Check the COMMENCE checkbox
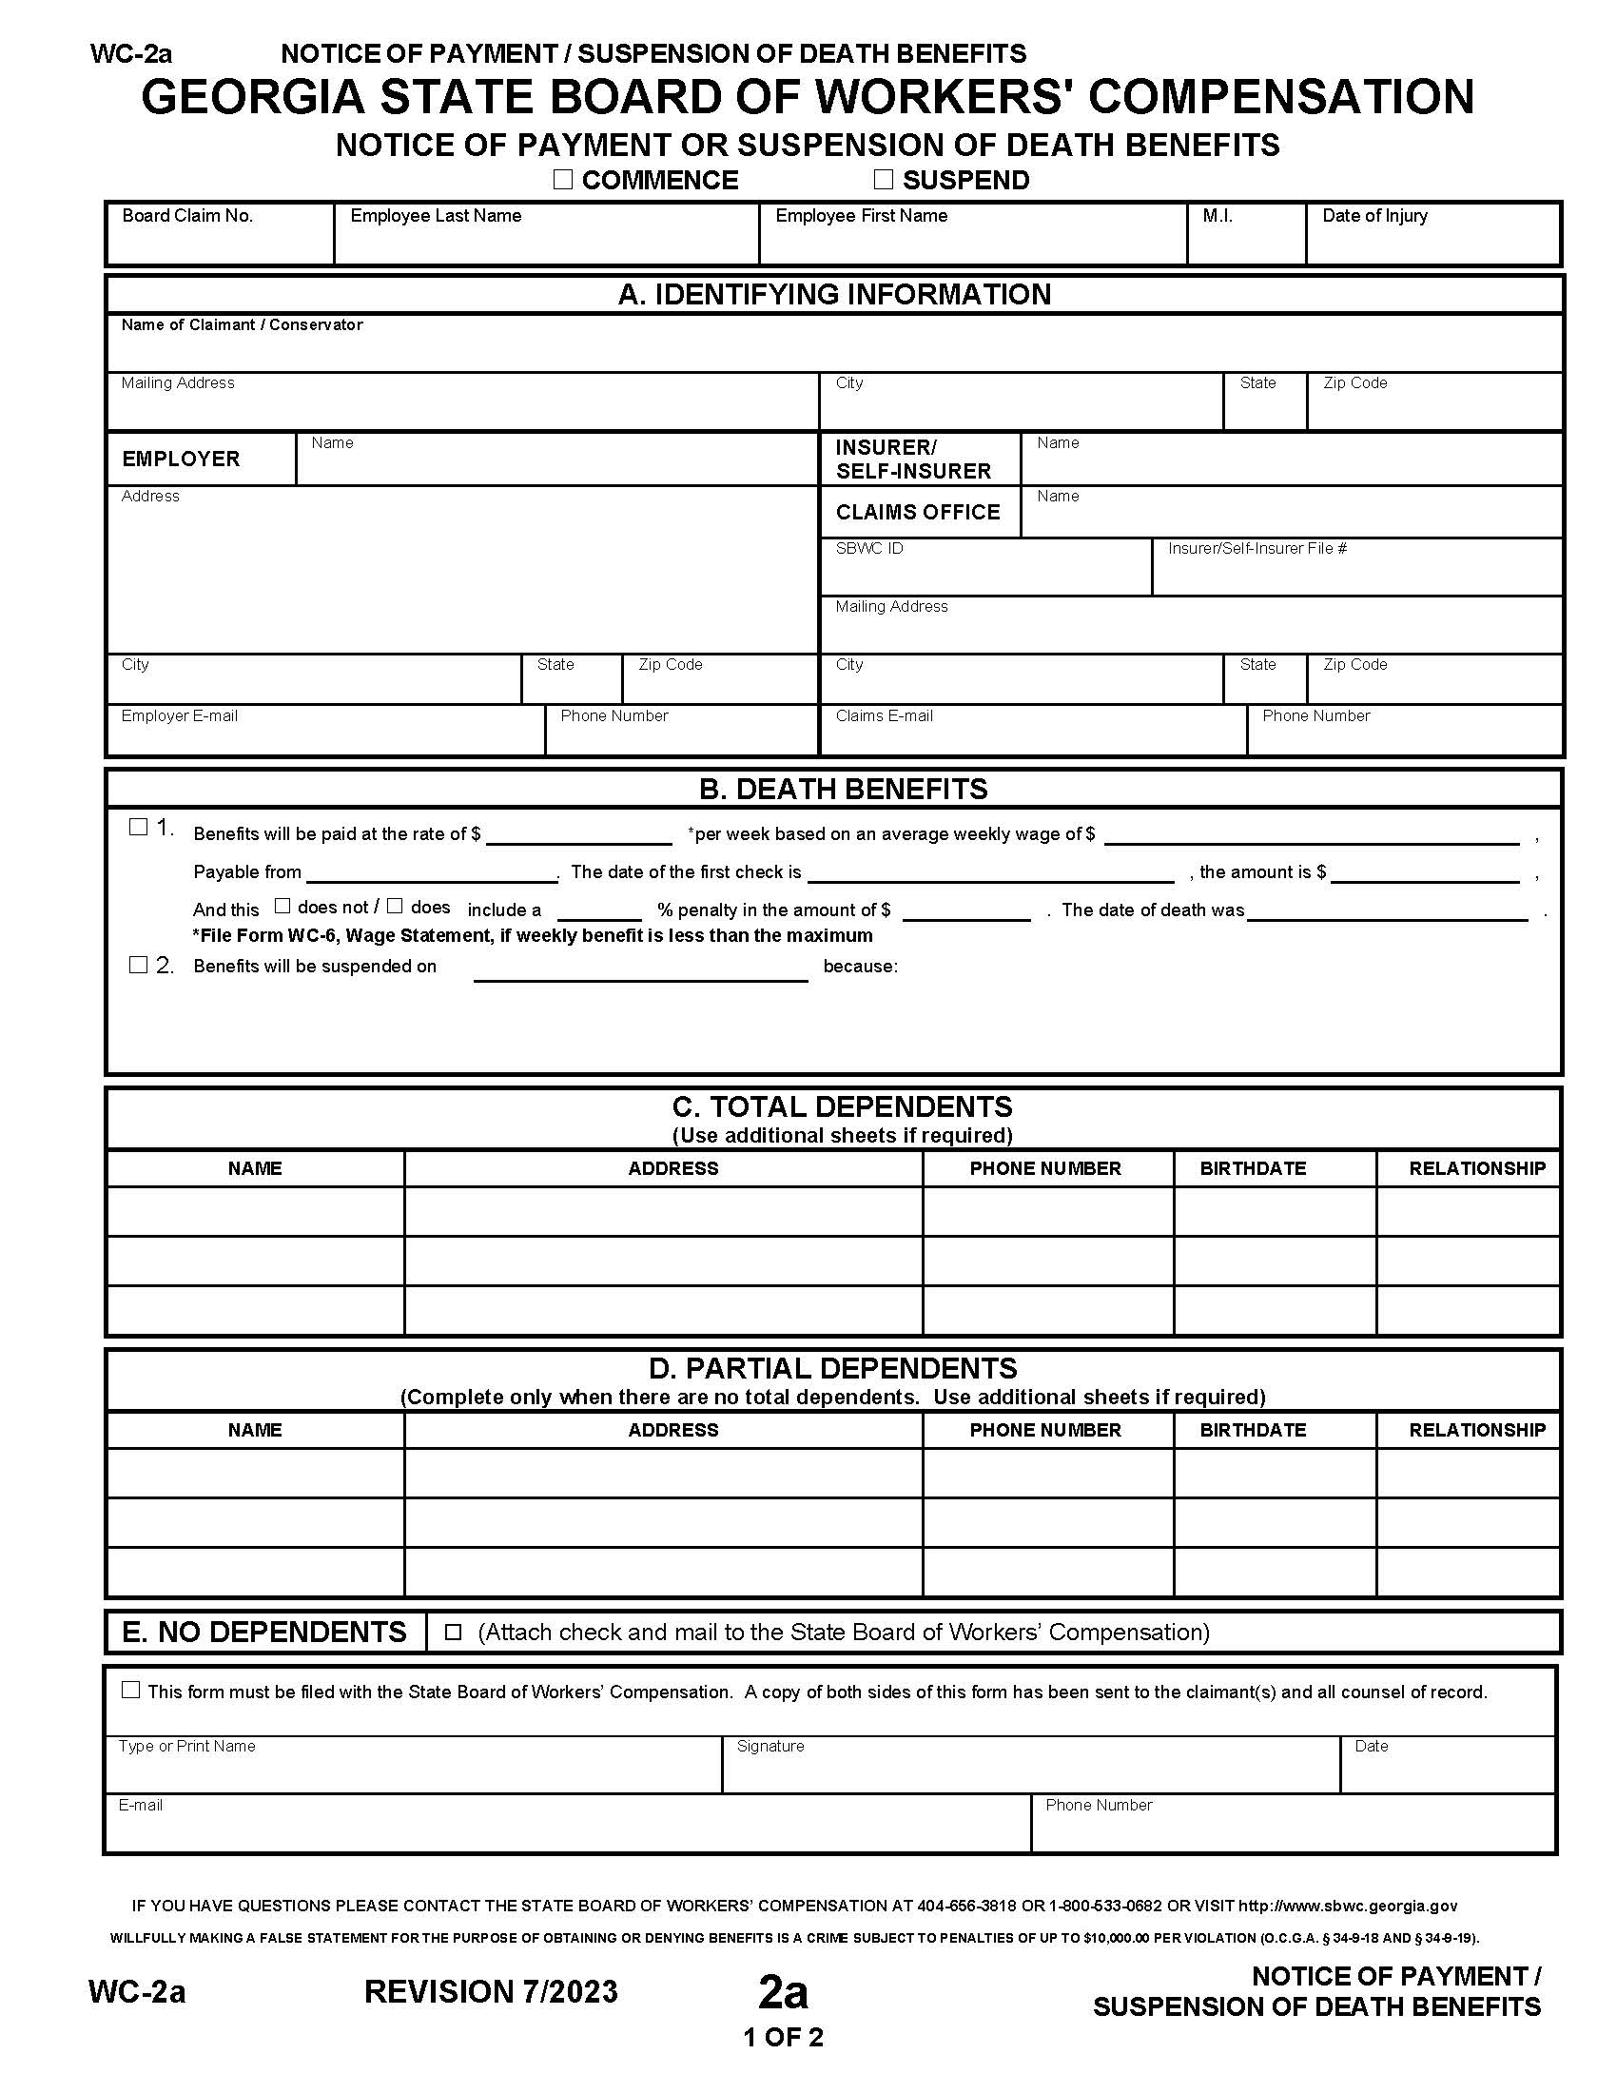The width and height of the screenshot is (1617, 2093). click(x=562, y=179)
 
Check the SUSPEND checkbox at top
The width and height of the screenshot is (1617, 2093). click(x=883, y=179)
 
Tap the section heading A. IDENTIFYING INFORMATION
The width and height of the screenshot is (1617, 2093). click(x=833, y=294)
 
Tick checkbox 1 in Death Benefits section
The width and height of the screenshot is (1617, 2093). click(x=138, y=826)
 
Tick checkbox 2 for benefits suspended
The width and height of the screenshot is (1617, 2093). click(x=138, y=964)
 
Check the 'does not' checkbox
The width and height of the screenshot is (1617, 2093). click(x=282, y=906)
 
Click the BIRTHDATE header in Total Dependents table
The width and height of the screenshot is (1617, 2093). click(x=1252, y=1168)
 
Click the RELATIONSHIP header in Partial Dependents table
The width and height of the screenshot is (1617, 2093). click(x=1476, y=1430)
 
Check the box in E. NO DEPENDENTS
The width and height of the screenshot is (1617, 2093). click(x=453, y=1632)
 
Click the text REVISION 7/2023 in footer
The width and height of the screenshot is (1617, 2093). click(x=491, y=1991)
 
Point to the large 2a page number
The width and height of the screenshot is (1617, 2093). click(x=783, y=1992)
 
